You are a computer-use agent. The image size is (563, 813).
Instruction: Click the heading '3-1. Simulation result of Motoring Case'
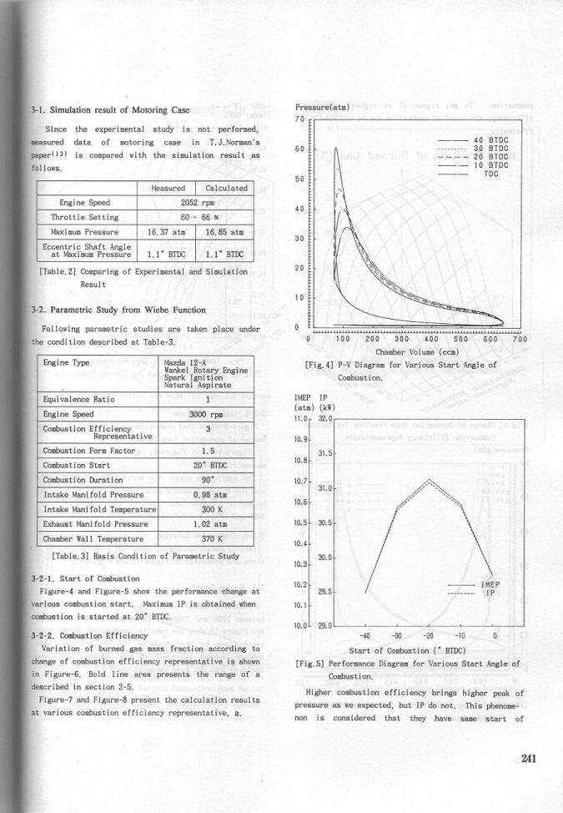[110, 109]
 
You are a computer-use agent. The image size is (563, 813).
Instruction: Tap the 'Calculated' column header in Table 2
[226, 188]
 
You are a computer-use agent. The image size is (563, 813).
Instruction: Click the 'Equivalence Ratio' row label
[79, 399]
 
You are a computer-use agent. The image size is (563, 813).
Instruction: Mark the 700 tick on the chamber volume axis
[520, 339]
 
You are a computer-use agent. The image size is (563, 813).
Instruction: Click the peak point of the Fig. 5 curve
[429, 480]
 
